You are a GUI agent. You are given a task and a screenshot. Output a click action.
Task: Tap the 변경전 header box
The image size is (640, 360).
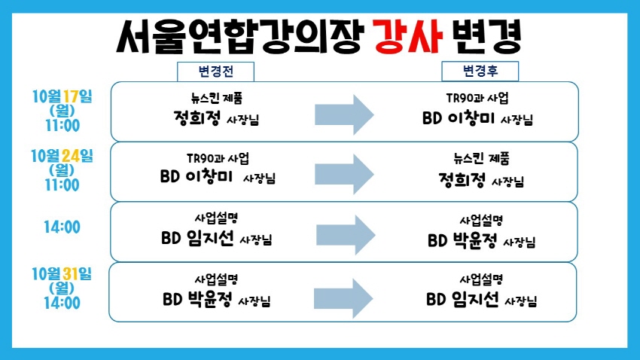point(215,72)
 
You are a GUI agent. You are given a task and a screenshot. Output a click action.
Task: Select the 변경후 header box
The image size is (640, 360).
point(480,71)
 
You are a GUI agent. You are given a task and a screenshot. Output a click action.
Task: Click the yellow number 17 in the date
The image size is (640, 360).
point(70,96)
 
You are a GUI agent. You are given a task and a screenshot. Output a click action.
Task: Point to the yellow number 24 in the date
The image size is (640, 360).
point(71,155)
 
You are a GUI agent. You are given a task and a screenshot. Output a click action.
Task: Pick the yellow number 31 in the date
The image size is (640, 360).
point(70,274)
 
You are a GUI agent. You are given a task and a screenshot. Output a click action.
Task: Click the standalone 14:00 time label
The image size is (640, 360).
point(62,227)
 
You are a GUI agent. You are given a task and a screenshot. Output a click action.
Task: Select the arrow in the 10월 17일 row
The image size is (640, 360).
point(344,114)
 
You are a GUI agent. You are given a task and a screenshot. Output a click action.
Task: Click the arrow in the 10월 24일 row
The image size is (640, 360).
point(344,174)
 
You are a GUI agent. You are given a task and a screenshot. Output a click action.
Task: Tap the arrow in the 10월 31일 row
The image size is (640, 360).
point(343,299)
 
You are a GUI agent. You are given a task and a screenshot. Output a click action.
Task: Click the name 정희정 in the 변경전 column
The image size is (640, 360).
point(197,118)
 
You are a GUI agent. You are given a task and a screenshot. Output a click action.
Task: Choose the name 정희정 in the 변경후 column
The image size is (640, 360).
point(462,179)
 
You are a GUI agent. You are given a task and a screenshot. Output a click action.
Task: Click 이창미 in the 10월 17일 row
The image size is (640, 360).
point(471,118)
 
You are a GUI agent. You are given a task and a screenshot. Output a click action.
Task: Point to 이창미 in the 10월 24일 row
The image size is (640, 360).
point(209,176)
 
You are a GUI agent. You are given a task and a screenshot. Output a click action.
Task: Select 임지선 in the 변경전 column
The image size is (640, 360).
point(211,238)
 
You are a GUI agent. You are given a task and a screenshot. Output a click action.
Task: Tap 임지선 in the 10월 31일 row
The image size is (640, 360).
point(475,300)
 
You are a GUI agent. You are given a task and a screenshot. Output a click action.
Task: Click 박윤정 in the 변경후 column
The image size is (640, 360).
point(474,240)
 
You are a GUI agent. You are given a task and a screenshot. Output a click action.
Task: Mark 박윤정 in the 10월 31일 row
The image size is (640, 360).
point(210,300)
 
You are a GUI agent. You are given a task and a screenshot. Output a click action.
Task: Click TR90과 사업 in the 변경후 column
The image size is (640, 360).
point(477,98)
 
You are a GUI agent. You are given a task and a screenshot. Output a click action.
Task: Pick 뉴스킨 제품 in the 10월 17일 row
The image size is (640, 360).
point(217,98)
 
